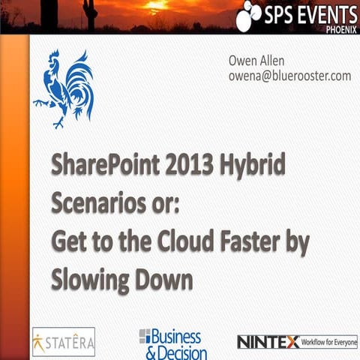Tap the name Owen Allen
256,61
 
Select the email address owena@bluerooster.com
289,76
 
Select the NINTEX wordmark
267,342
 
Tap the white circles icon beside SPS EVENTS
248,15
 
